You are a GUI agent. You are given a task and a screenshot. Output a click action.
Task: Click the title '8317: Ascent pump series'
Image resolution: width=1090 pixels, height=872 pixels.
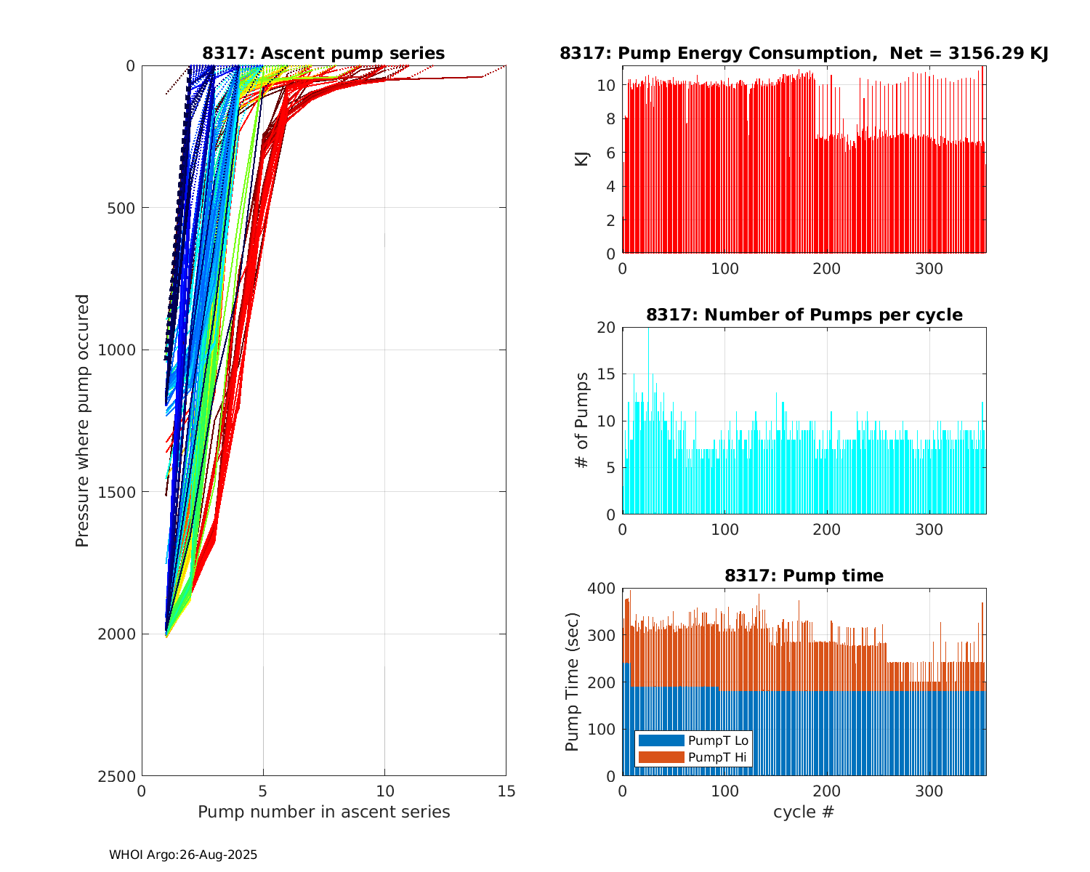[x=323, y=53]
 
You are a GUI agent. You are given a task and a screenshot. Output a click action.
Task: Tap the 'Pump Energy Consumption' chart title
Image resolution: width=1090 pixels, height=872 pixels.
[x=804, y=53]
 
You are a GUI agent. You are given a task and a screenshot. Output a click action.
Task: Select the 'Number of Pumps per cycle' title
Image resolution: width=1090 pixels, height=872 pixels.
[x=804, y=315]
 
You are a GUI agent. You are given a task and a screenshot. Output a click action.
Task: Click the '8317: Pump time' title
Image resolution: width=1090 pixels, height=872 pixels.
[x=804, y=576]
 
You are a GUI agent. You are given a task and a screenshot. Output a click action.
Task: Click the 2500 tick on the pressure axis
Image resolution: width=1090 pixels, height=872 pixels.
[x=119, y=776]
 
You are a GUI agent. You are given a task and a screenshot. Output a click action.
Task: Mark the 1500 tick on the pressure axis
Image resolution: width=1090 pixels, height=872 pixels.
[x=119, y=492]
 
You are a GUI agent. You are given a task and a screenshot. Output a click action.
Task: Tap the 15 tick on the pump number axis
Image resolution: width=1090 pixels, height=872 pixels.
[x=506, y=791]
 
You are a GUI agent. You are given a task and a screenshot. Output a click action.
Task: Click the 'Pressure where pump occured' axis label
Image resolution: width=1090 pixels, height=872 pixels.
[x=82, y=421]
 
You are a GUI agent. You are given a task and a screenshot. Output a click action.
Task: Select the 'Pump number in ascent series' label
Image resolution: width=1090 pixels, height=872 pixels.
[x=323, y=812]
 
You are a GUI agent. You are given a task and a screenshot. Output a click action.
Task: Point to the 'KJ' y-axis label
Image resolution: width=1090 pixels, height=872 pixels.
[x=581, y=158]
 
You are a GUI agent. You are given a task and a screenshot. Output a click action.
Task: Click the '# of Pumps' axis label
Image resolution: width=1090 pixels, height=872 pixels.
[x=581, y=420]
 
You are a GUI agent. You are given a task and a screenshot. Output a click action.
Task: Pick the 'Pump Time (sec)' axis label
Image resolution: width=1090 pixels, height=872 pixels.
[x=573, y=682]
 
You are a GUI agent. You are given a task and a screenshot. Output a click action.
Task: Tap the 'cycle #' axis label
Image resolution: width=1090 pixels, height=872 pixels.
[x=804, y=812]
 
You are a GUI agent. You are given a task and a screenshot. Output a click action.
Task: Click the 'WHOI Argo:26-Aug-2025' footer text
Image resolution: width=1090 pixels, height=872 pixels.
[x=183, y=855]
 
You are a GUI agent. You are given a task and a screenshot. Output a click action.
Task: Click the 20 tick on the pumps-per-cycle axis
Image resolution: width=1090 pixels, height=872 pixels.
[x=606, y=328]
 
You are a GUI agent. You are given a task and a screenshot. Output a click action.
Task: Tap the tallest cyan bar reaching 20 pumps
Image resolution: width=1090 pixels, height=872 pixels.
[x=649, y=421]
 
